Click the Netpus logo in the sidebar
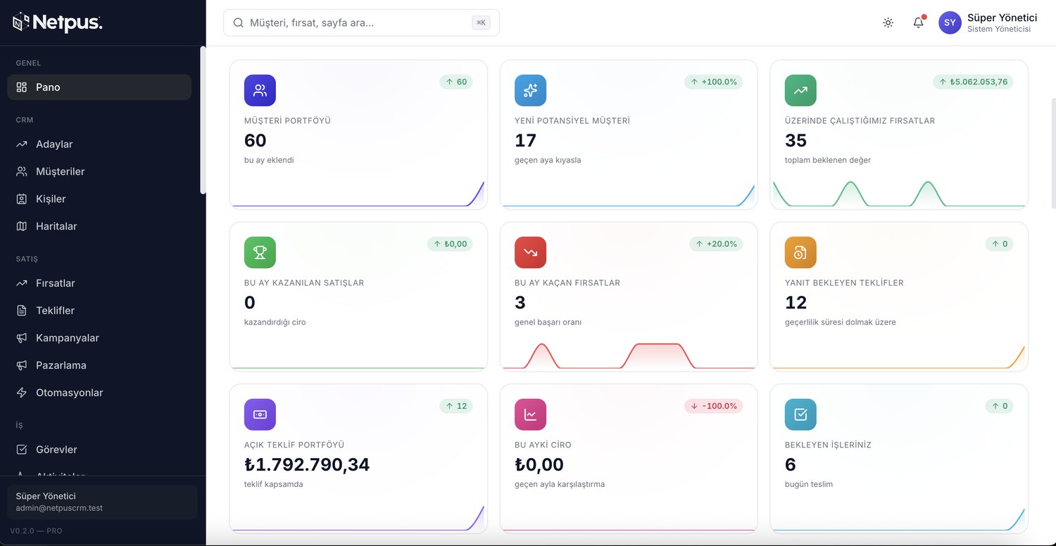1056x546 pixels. point(57,22)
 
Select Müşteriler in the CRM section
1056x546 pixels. point(60,172)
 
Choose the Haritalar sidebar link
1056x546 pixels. point(56,226)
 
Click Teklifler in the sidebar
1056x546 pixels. point(55,310)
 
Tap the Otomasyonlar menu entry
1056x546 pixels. point(69,393)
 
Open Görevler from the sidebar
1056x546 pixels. point(56,450)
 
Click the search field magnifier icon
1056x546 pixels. point(239,23)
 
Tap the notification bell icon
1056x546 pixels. point(918,22)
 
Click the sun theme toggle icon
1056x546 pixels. point(888,23)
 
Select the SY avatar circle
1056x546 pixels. point(950,23)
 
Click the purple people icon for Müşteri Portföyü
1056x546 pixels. point(260,91)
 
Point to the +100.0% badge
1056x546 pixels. point(714,82)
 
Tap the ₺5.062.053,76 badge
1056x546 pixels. point(973,82)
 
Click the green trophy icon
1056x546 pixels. point(260,253)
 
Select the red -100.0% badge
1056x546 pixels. point(714,406)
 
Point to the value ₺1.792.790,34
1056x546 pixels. point(307,464)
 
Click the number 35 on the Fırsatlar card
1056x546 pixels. point(796,141)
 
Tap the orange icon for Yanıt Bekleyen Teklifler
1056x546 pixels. point(800,253)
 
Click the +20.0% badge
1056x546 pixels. point(716,244)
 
